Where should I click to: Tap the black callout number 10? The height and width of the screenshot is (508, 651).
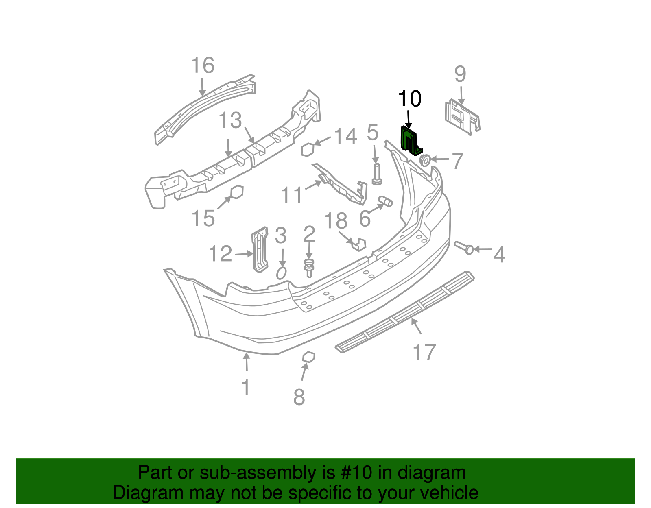point(409,99)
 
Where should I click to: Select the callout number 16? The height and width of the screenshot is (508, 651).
point(203,65)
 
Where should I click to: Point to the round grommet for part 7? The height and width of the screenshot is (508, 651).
point(425,160)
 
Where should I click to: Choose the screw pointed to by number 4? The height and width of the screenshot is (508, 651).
point(464,247)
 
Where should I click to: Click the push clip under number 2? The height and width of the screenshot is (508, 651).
point(309,267)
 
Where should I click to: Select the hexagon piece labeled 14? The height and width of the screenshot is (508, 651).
point(308,150)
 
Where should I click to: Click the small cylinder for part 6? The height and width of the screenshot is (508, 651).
point(385,201)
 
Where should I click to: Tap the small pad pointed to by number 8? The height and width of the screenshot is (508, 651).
point(309,357)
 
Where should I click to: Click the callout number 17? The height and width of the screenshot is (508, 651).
point(424,352)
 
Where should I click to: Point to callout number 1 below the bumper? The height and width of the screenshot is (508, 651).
point(246,388)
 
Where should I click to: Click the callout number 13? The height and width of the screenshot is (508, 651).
point(230,121)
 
